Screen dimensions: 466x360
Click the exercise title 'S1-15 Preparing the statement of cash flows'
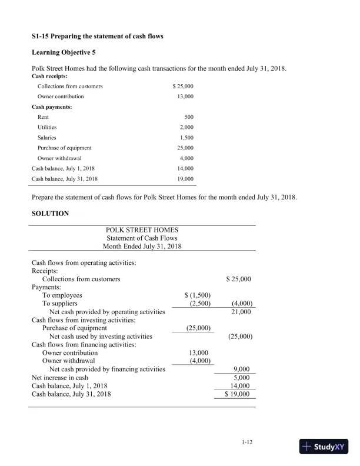click(x=97, y=36)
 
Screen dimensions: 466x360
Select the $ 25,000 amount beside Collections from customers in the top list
click(x=183, y=86)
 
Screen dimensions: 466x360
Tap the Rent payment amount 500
click(x=188, y=117)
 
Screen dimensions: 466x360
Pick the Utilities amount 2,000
click(x=186, y=127)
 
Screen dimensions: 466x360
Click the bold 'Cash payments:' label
click(x=52, y=106)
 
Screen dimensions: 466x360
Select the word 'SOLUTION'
click(x=50, y=214)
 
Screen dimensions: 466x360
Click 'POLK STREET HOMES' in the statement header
click(x=142, y=229)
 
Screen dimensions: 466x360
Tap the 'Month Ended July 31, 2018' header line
click(x=142, y=246)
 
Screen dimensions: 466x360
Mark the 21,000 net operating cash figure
click(x=242, y=312)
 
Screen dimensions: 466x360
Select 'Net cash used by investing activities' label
click(x=101, y=337)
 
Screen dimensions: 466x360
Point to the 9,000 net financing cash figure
click(x=244, y=369)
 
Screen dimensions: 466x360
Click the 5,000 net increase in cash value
click(x=244, y=377)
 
